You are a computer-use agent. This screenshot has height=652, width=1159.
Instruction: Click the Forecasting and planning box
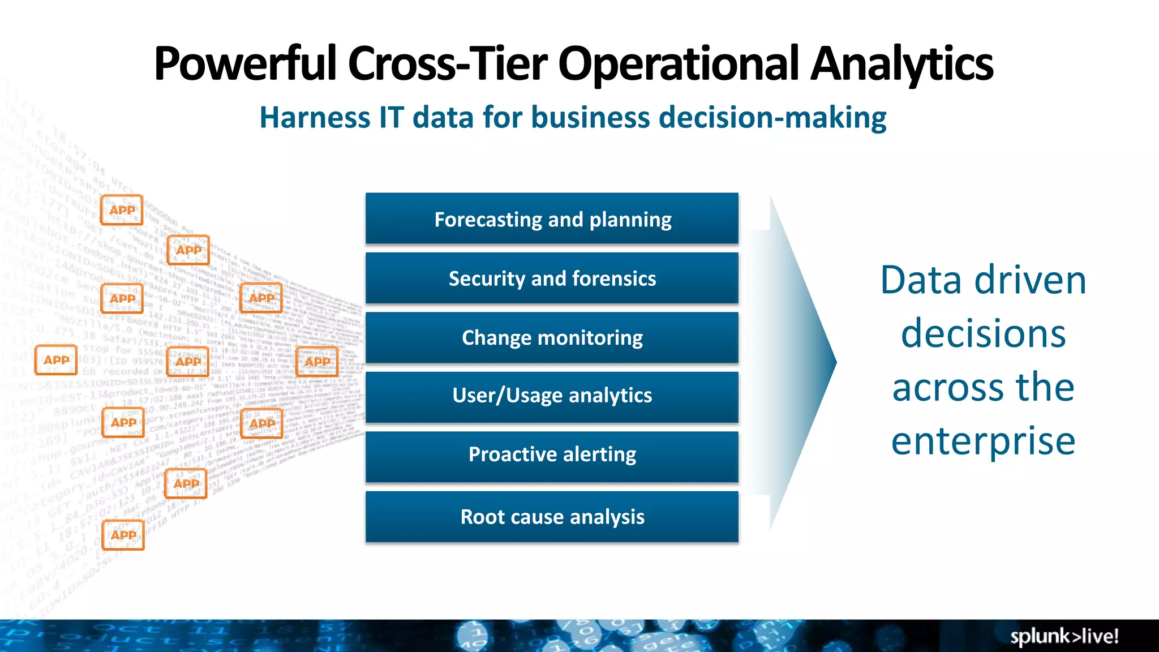point(552,219)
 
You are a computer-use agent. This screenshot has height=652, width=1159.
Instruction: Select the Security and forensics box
point(552,278)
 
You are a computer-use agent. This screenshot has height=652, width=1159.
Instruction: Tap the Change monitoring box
point(552,338)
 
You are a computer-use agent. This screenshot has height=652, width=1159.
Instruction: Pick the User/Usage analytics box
point(552,396)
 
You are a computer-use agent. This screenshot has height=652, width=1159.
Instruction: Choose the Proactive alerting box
point(552,454)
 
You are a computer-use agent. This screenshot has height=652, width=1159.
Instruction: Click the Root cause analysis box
point(552,517)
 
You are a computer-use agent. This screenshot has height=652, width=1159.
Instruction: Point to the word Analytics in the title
point(902,64)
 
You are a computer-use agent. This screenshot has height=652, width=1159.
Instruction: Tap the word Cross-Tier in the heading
point(447,64)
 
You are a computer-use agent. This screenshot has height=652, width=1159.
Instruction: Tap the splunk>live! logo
point(1064,636)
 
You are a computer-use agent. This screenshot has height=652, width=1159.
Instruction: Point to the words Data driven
point(983,280)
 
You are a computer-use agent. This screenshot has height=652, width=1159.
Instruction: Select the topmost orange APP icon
point(122,210)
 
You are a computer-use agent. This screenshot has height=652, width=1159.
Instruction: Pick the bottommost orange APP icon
point(123,535)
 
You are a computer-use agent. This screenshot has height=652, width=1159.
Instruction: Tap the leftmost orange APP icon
point(56,360)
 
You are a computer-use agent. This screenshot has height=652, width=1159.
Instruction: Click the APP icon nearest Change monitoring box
point(317,361)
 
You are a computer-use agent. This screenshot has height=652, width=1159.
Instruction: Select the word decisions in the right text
point(983,333)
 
